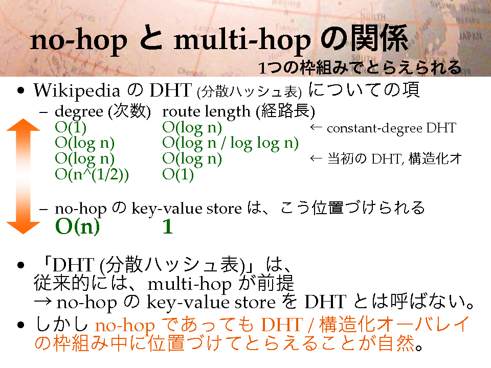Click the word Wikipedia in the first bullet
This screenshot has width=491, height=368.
point(77,91)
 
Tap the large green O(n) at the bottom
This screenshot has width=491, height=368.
point(77,226)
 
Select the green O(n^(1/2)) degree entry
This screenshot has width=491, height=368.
point(92,174)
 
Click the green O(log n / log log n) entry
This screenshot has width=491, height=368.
point(231,143)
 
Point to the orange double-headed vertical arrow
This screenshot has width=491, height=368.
point(23,176)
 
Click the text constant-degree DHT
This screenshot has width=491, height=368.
point(391,128)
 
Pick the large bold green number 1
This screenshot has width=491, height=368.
point(168,226)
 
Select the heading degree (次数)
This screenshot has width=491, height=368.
point(103,111)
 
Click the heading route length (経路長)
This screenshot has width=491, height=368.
point(239,111)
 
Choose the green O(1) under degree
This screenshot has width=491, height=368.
point(71,127)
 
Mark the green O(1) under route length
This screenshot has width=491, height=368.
point(178,174)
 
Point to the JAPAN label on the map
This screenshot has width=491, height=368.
point(470,36)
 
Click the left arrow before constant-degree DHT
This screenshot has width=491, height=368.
point(316,127)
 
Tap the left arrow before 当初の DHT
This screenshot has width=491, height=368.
point(316,158)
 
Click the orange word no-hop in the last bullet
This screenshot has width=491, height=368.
point(125,326)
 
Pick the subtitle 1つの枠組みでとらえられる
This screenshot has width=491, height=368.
point(360,67)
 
